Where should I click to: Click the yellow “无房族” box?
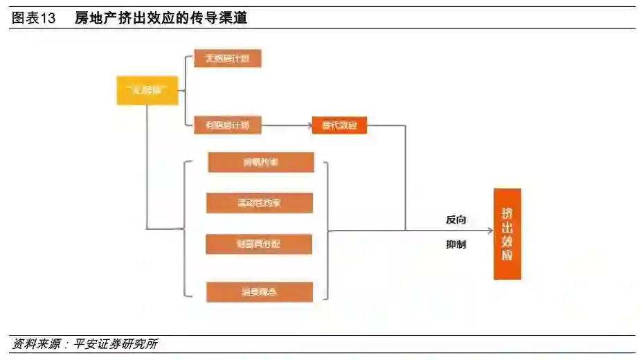tap(147, 91)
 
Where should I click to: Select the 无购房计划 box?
tap(227, 58)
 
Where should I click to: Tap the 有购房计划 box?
tap(223, 125)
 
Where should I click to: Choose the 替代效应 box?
tap(339, 125)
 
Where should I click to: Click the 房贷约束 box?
tap(260, 163)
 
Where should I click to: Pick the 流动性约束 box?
tap(260, 203)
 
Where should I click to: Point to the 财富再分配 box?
tap(259, 244)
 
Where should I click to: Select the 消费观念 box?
tap(260, 291)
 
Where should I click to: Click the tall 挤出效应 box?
tap(507, 234)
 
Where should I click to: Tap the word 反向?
tap(456, 220)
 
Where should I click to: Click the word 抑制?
tap(456, 244)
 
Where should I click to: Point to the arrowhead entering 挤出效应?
tap(489, 231)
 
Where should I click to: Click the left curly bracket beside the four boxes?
tap(185, 229)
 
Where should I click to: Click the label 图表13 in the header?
tap(34, 19)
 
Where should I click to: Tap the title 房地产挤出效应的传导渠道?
tap(161, 19)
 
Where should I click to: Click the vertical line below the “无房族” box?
tap(147, 166)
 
